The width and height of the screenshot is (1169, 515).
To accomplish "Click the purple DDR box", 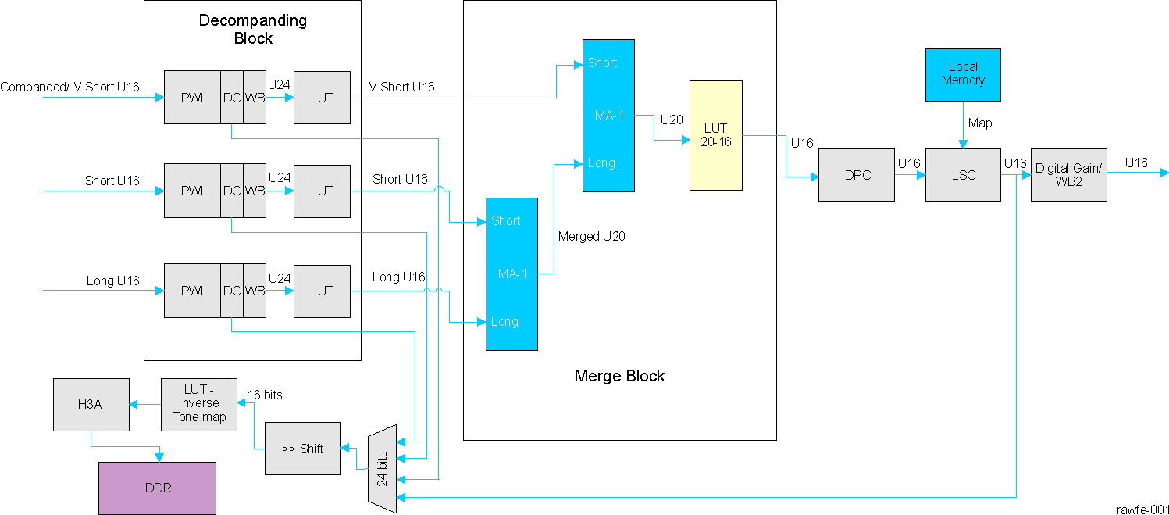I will tap(157, 488).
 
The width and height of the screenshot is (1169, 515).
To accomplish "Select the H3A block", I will tap(91, 404).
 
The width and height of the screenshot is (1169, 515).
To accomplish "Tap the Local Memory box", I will tap(962, 74).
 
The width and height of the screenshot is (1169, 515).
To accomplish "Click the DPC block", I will tap(856, 175).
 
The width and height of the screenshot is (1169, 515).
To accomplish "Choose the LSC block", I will tap(962, 175).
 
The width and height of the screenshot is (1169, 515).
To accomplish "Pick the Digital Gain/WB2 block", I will tap(1067, 175).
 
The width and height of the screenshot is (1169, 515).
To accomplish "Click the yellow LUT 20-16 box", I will tap(715, 135).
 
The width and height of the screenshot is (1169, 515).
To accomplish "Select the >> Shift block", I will tap(302, 449).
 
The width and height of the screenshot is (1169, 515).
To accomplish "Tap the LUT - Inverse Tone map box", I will tap(199, 404).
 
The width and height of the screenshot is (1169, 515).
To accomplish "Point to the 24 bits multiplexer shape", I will tap(382, 469).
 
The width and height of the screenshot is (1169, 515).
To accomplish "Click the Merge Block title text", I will tap(619, 376).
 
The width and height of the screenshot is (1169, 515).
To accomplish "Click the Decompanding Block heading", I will tap(253, 29).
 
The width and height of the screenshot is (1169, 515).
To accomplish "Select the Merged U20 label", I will tap(592, 235).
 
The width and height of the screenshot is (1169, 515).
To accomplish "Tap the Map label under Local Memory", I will tap(980, 123).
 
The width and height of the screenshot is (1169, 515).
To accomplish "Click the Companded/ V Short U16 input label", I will tap(69, 87).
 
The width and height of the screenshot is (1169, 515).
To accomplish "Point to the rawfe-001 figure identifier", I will tap(1142, 508).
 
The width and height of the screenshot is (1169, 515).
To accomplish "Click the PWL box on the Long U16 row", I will tap(193, 291).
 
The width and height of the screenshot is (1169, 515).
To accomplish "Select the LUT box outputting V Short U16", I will tap(322, 98).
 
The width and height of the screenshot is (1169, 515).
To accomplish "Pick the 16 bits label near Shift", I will tap(265, 395).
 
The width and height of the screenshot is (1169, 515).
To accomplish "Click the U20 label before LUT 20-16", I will tap(672, 120).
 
